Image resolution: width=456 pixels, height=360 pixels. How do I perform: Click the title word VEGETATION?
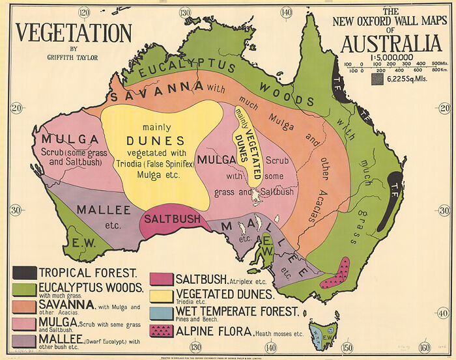coord(74,33)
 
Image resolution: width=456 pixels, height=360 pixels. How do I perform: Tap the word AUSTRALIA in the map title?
coord(390,44)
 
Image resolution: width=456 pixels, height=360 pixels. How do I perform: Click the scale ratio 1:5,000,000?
coord(390,57)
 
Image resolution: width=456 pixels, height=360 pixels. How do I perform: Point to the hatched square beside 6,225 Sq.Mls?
coord(377,79)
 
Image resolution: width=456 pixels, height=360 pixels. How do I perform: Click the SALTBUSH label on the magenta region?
coord(172,219)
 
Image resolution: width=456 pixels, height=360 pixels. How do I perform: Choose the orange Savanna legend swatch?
coord(23,305)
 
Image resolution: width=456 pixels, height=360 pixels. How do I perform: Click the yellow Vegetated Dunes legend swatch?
coord(162,296)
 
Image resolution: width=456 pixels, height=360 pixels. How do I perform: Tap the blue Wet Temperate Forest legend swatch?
coord(162,312)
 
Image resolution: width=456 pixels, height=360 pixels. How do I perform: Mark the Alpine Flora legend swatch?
coord(162,329)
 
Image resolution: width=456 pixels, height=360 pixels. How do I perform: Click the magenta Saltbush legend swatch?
coord(162,279)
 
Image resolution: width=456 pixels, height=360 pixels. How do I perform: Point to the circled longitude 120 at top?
coord(83,12)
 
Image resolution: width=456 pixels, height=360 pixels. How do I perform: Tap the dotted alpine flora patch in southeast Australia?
coord(336,273)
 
